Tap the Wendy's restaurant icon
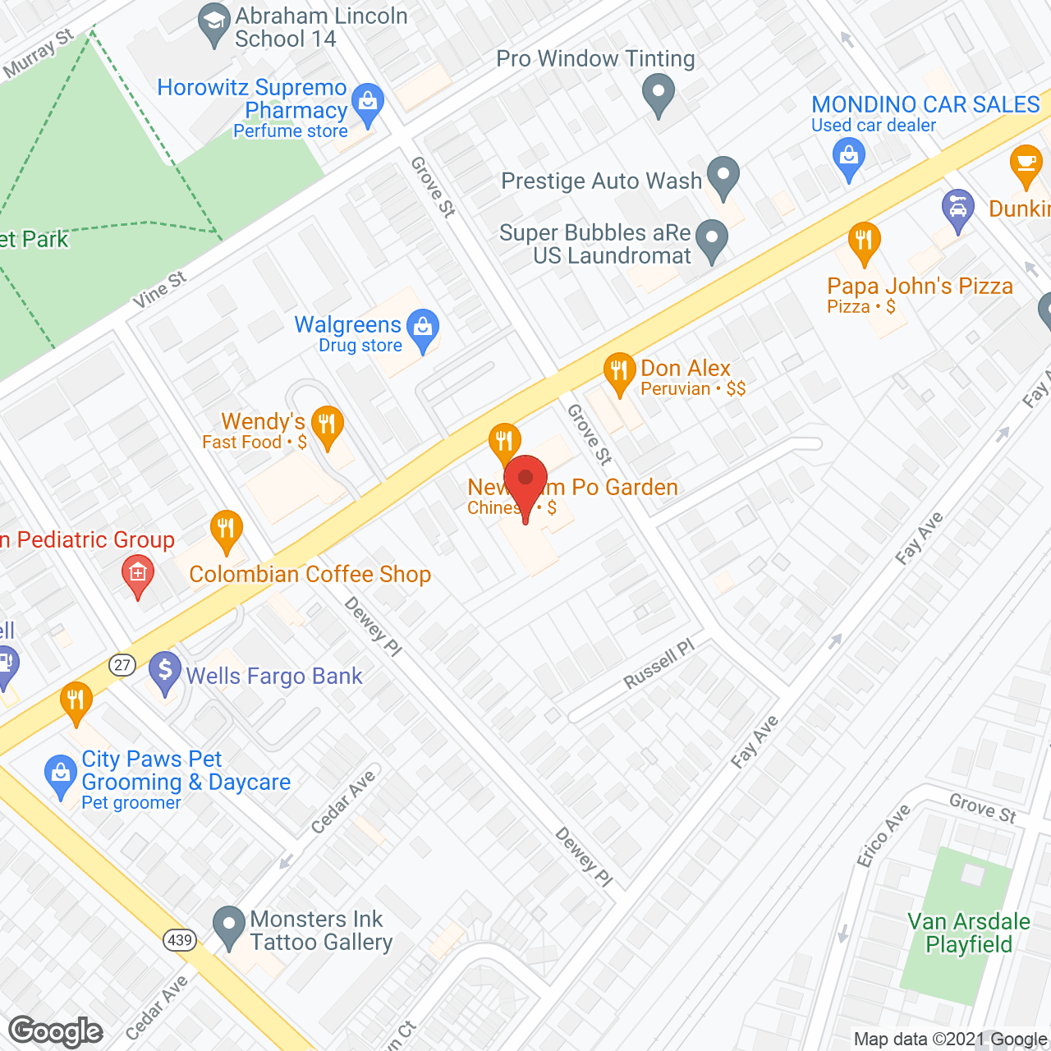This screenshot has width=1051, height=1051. pos(327,426)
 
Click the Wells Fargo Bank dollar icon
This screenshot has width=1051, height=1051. pos(165,672)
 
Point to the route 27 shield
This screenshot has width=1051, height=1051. pos(122,664)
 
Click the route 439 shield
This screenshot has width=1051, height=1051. pos(179,939)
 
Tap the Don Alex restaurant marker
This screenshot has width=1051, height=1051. pos(619,372)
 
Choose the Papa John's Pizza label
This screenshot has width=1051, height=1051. pos(920,287)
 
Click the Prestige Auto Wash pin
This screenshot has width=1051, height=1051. pos(723,177)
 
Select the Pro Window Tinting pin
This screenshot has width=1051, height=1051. pos(659,94)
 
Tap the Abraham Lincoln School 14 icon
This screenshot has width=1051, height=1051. pos(215,25)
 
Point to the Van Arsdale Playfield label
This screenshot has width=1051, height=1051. pos(969,933)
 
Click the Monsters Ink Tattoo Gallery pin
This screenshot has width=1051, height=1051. pos(229,926)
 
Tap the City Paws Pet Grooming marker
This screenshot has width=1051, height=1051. pos(60,774)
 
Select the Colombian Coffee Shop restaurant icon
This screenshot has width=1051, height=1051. pos(226,530)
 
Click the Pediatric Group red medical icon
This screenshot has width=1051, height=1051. pos(137,574)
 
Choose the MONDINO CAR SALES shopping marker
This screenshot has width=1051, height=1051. pos(849,156)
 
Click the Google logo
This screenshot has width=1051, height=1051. pos(56,1031)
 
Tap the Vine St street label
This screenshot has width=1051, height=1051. pos(160,290)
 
